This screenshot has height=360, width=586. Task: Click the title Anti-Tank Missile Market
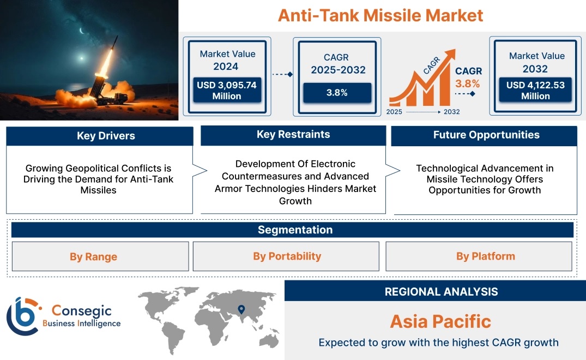click(x=380, y=15)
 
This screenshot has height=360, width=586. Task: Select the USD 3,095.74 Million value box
click(x=226, y=91)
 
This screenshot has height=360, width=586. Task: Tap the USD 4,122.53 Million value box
click(x=535, y=91)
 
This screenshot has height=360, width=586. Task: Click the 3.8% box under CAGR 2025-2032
click(x=337, y=93)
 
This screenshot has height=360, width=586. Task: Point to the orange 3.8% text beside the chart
click(x=467, y=83)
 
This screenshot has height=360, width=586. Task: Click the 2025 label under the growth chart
click(x=395, y=112)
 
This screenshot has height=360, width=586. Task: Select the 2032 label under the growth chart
click(x=451, y=112)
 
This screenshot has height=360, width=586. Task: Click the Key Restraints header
click(x=293, y=135)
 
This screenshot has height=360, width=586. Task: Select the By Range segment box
click(x=93, y=256)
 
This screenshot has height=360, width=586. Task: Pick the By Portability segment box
click(x=287, y=256)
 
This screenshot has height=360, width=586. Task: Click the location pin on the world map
click(x=241, y=310)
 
